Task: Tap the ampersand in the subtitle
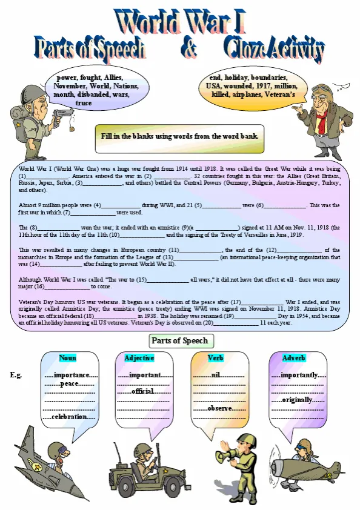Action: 188,48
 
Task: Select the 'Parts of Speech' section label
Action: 179,340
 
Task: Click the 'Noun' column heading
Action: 68,358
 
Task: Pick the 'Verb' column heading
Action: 216,358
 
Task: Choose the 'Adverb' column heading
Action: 293,358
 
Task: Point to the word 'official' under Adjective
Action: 143,391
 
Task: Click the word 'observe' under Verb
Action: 219,409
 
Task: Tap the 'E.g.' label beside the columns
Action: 16,376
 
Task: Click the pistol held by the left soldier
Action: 62,113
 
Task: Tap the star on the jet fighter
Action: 38,468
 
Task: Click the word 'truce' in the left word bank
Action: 84,103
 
